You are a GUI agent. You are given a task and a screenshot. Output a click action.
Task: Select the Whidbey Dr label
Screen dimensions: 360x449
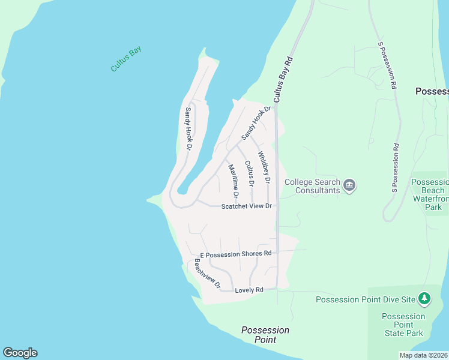[x=264, y=167]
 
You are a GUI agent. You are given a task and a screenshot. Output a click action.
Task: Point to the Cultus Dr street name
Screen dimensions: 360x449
[x=249, y=173]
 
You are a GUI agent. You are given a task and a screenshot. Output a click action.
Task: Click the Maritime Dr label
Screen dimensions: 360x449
[x=234, y=181]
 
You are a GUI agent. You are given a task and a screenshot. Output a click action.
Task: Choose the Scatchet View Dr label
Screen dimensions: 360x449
[x=247, y=206]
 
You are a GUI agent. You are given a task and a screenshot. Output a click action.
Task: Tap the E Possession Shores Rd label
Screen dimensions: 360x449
[x=236, y=254]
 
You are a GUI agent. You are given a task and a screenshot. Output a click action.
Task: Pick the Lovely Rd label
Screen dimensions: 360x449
[x=249, y=290]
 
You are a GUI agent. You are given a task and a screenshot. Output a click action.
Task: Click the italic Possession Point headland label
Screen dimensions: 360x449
[x=265, y=335]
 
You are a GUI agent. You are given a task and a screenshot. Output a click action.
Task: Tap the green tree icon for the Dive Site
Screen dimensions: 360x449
[x=424, y=298]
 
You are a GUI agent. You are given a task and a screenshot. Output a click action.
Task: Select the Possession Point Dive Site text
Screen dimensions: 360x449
[x=366, y=299]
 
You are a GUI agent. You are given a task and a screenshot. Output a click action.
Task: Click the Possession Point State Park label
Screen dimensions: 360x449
[x=403, y=325]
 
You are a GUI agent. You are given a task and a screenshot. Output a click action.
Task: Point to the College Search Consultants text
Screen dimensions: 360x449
[x=312, y=186]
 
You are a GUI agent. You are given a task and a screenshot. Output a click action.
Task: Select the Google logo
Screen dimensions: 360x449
[x=20, y=353]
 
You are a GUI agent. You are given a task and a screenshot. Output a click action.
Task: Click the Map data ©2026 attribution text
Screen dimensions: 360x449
[x=423, y=355]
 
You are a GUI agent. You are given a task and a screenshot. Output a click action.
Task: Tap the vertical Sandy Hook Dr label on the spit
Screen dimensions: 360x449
[x=188, y=128]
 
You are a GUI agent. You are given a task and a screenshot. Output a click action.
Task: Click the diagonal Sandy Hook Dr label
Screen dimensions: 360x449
[x=257, y=124]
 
